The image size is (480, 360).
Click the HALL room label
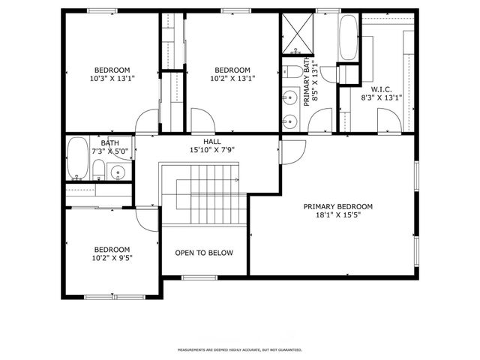point(212,141)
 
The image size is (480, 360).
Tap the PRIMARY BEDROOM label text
point(337,207)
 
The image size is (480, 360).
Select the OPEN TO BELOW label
point(204,253)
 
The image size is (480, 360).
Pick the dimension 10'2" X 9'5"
point(112,258)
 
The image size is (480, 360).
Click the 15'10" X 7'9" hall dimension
point(212,149)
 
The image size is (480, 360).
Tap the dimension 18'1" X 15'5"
point(337,215)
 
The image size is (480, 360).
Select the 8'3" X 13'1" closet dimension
point(381,97)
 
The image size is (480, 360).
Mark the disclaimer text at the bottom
point(239,349)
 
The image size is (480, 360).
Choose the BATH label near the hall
point(109,142)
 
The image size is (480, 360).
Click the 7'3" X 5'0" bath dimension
point(109,150)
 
